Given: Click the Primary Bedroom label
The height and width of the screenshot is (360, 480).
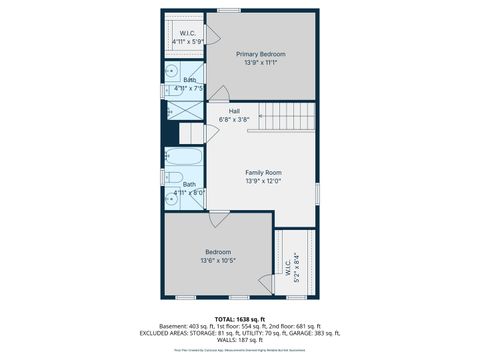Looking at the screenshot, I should (260, 53).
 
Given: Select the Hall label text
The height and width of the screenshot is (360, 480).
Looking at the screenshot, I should (234, 111).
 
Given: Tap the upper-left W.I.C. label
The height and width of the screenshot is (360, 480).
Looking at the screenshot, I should (188, 34).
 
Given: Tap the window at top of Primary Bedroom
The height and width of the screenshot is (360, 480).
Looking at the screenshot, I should (229, 11).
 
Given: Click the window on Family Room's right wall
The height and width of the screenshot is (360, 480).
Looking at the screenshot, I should (317, 190).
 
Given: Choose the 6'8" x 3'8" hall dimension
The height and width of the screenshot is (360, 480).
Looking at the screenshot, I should (234, 119).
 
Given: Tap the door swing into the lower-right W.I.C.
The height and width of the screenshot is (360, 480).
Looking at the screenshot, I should (267, 283).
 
